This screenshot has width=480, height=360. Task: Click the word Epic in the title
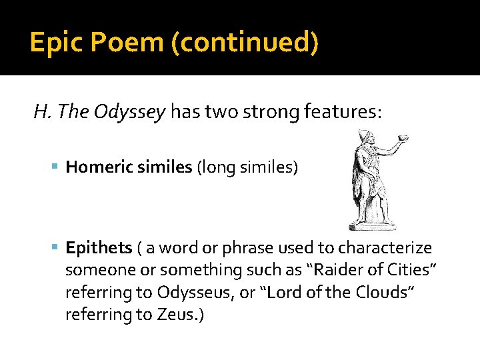coord(55,43)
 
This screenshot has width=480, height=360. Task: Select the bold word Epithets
coord(99,248)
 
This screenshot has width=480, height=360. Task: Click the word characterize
coord(385,248)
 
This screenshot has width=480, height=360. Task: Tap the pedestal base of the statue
coord(372,225)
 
